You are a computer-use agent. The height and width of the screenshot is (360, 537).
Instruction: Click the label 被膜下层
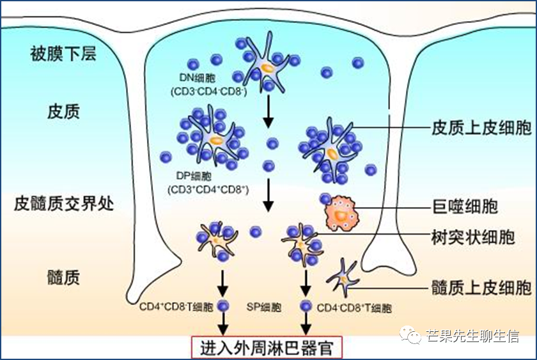[x=63, y=53]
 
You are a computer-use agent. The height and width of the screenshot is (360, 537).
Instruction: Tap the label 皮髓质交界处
[x=63, y=204]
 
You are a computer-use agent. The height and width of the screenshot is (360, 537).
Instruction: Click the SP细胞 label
[x=264, y=308]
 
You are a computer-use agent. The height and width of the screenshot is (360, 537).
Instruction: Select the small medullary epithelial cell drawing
[x=343, y=278]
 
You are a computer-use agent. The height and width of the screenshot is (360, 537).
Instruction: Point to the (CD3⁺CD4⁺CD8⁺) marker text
[x=208, y=190]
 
